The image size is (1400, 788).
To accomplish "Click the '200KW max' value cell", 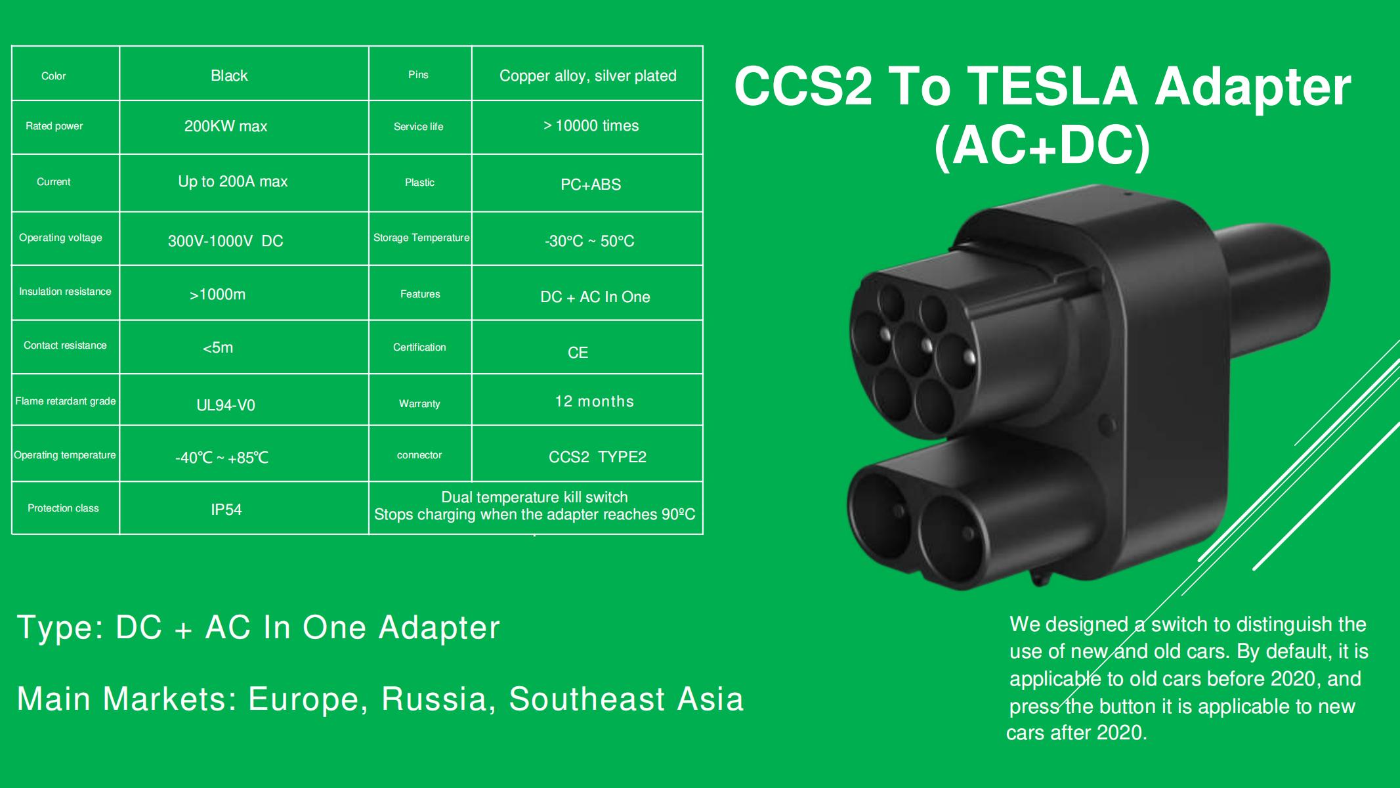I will [226, 126].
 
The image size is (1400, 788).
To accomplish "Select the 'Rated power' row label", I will [54, 126].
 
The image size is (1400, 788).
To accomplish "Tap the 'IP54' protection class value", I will [226, 510].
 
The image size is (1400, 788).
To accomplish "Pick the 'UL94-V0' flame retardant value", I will [226, 405].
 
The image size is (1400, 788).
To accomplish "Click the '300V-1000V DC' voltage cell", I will [225, 241].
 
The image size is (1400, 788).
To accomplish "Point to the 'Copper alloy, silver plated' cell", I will [587, 76].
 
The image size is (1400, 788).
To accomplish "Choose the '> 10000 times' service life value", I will [591, 125].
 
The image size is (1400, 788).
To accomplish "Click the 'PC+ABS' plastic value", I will [590, 185].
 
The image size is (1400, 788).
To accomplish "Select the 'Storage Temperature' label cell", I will [421, 238].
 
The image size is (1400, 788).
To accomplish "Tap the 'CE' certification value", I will [578, 353].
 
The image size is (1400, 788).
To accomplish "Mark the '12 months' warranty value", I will [594, 401].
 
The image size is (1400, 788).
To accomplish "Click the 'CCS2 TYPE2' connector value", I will [597, 457].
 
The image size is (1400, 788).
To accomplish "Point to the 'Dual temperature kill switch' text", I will [534, 497].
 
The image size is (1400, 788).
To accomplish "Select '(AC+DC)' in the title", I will [1042, 146].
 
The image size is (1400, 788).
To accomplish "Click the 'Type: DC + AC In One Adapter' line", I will [258, 627].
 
